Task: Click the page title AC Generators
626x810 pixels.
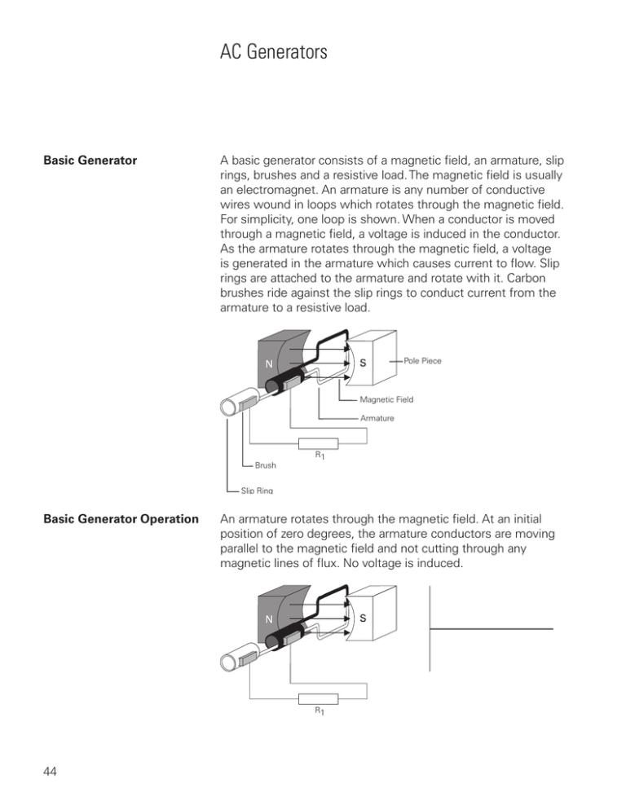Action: click(273, 54)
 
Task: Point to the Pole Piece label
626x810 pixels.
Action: click(423, 360)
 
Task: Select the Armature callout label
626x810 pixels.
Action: click(377, 418)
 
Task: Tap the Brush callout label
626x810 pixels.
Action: click(265, 466)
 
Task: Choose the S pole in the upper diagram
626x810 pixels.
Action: click(359, 363)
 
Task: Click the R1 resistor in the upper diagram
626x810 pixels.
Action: click(320, 444)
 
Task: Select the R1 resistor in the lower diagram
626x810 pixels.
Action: click(320, 698)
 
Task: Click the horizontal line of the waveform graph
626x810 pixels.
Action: click(492, 628)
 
